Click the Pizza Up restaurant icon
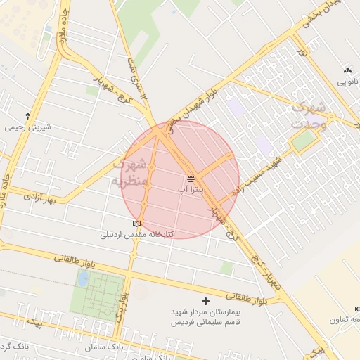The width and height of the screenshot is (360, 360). click(191, 179)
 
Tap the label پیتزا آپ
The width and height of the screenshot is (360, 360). click(191, 191)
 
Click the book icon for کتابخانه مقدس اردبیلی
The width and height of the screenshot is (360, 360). click(136, 224)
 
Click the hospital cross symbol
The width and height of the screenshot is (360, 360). click(205, 300)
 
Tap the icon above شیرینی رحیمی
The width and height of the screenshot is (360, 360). click(27, 115)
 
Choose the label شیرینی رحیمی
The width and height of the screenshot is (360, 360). click(28, 127)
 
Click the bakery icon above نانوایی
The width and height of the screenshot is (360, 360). click(347, 70)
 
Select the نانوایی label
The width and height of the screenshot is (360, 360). click(347, 82)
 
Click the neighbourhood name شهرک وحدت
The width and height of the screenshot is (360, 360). click(309, 115)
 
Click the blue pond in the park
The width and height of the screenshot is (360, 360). click(84, 279)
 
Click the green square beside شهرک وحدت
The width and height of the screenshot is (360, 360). click(303, 141)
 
